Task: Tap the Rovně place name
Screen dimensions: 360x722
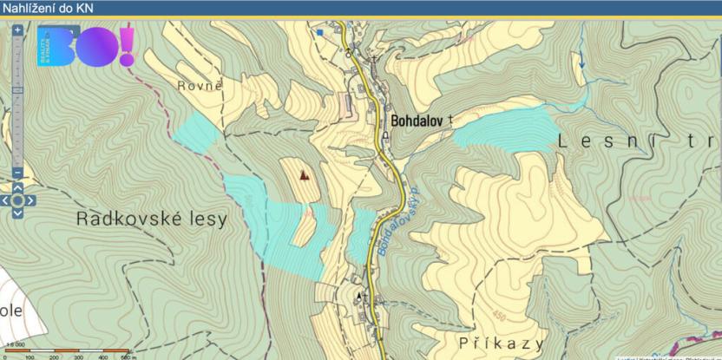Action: click(200, 86)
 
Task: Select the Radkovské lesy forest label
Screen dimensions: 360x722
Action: click(151, 219)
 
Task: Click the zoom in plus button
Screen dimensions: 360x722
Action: click(17, 29)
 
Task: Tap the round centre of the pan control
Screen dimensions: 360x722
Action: click(17, 200)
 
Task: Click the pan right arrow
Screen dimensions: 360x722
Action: click(30, 200)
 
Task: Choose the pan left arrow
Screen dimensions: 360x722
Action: click(4, 200)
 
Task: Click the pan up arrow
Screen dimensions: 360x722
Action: click(17, 187)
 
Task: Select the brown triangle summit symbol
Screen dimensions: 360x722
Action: click(304, 174)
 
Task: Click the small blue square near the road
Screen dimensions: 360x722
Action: click(320, 32)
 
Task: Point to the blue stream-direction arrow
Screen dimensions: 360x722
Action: click(581, 62)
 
